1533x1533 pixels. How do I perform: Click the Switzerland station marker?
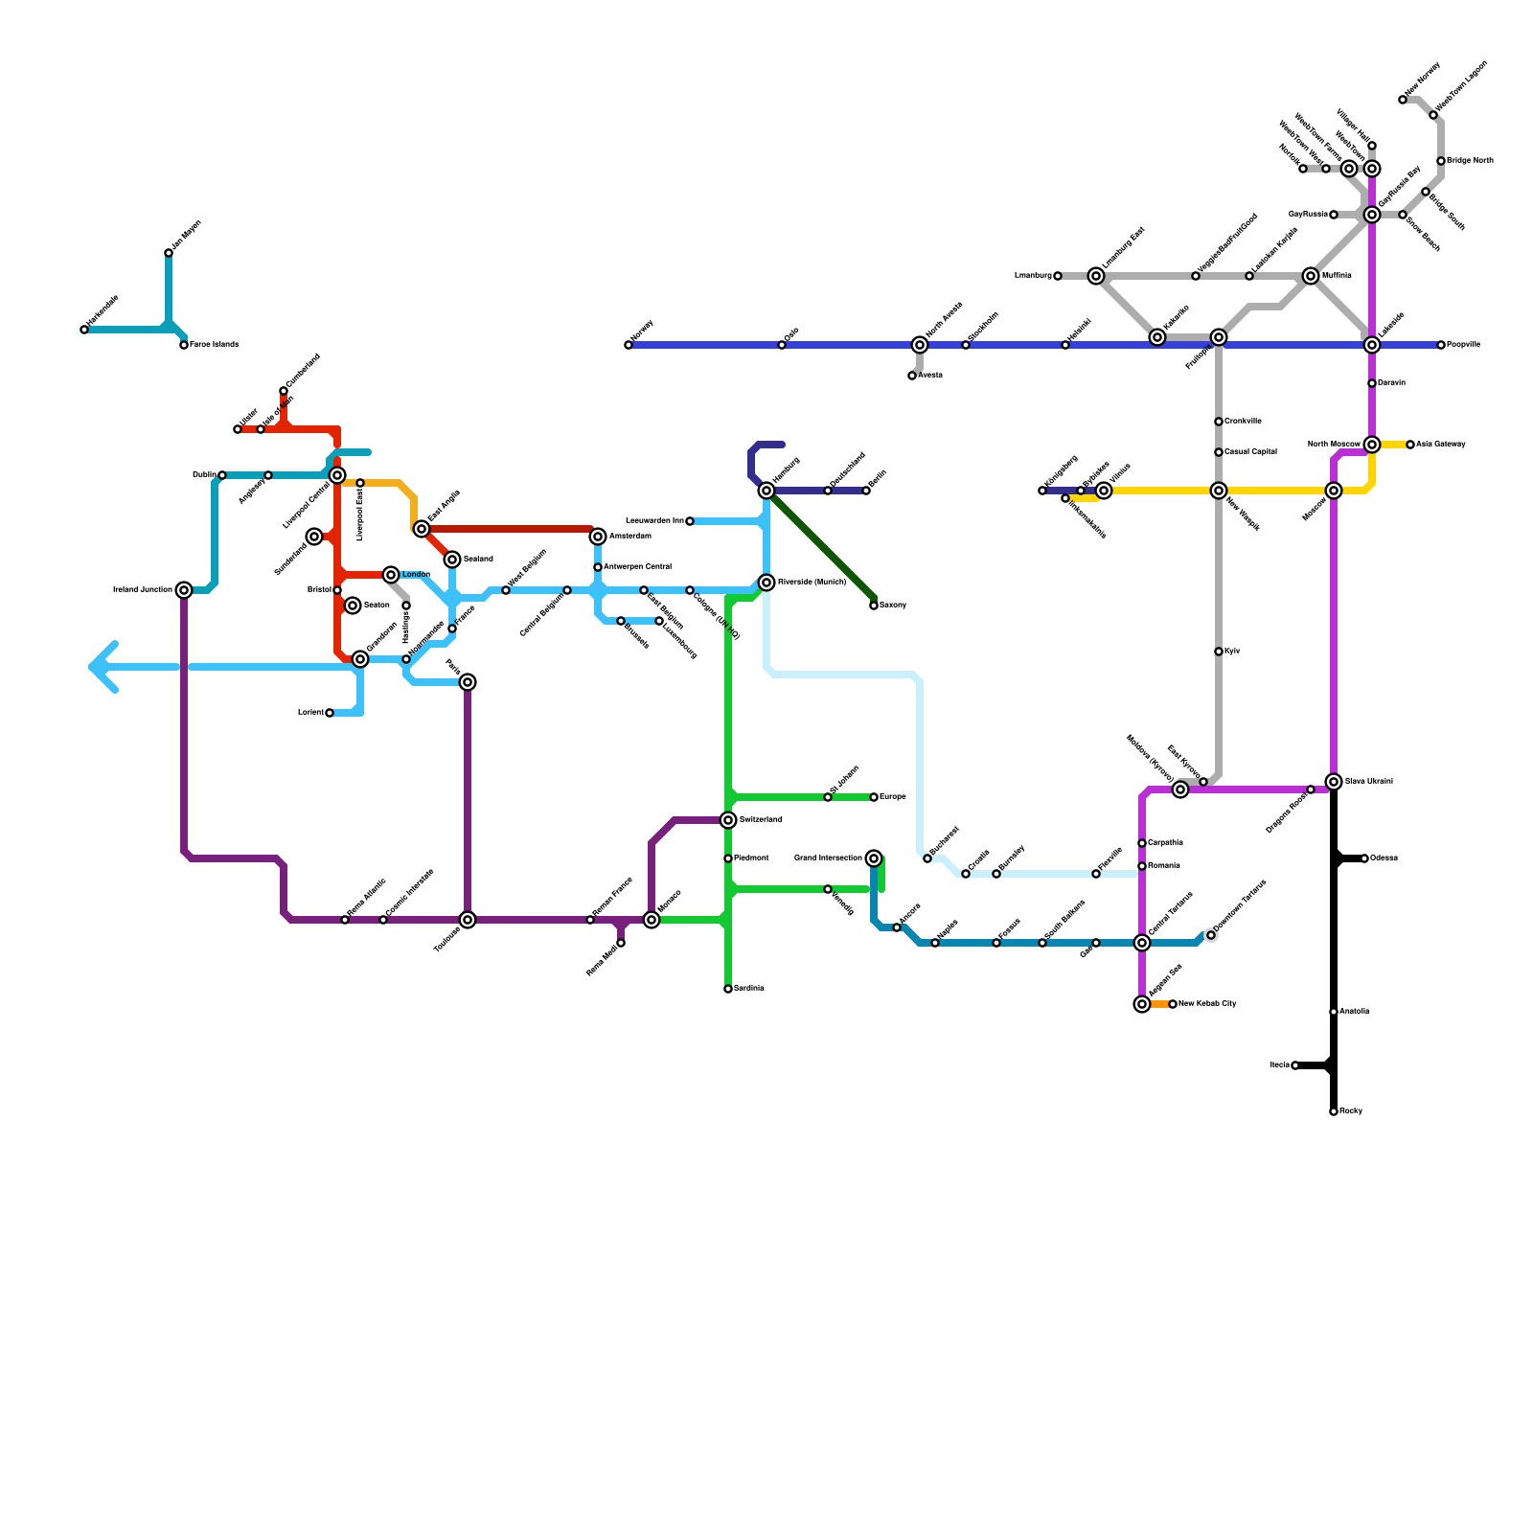click(728, 820)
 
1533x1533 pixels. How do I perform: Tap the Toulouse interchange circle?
click(468, 920)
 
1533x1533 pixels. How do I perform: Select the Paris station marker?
click(468, 682)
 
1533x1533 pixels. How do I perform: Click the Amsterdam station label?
click(629, 537)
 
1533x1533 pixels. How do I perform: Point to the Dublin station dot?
click(222, 475)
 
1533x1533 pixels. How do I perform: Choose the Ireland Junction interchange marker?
click(184, 590)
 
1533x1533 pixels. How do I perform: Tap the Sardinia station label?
click(749, 989)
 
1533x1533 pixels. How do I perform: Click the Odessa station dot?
click(1364, 858)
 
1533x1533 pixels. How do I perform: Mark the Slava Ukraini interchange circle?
click(1334, 782)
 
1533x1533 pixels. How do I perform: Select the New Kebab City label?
click(1207, 1004)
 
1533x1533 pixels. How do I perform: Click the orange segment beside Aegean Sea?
click(1159, 1004)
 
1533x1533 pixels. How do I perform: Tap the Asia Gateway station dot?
click(1410, 445)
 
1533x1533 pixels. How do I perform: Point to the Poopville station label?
click(1463, 345)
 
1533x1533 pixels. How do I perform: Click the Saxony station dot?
click(874, 606)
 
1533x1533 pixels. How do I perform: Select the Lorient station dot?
click(330, 713)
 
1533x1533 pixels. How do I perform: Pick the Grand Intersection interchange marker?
click(874, 858)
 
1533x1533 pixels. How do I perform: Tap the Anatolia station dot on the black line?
click(1334, 1012)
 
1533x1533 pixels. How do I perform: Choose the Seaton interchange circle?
click(353, 606)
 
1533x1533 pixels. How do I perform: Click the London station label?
click(416, 575)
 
